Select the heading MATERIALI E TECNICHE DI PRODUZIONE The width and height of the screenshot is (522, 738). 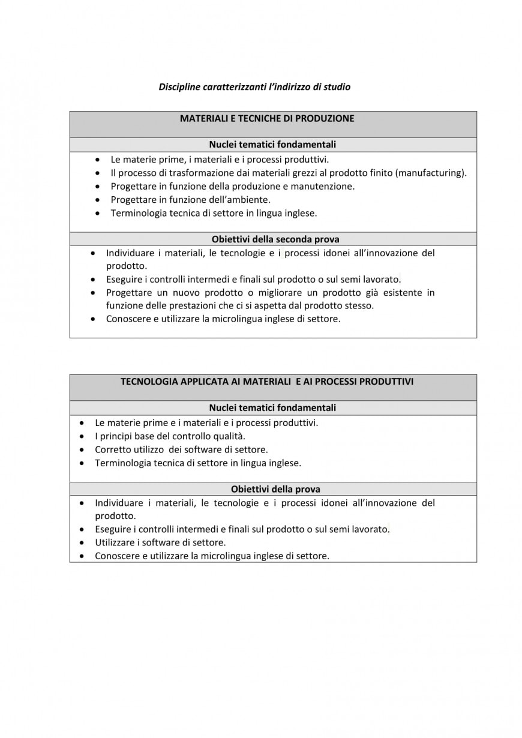pos(267,118)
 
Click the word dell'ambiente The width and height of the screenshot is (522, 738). pos(241,199)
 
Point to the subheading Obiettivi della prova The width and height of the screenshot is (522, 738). pos(275,489)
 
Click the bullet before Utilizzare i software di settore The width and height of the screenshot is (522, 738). pos(82,542)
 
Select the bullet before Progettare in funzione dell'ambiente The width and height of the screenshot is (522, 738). pos(98,199)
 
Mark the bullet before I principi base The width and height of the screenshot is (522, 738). pos(82,436)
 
